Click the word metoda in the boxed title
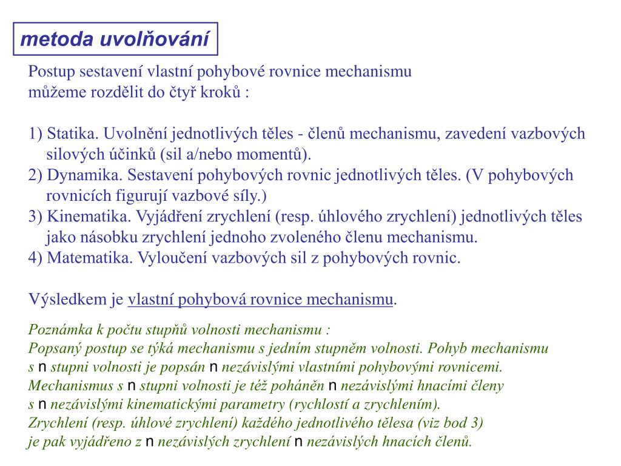50,39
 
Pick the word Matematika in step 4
89,257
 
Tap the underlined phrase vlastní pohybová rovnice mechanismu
261,299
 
